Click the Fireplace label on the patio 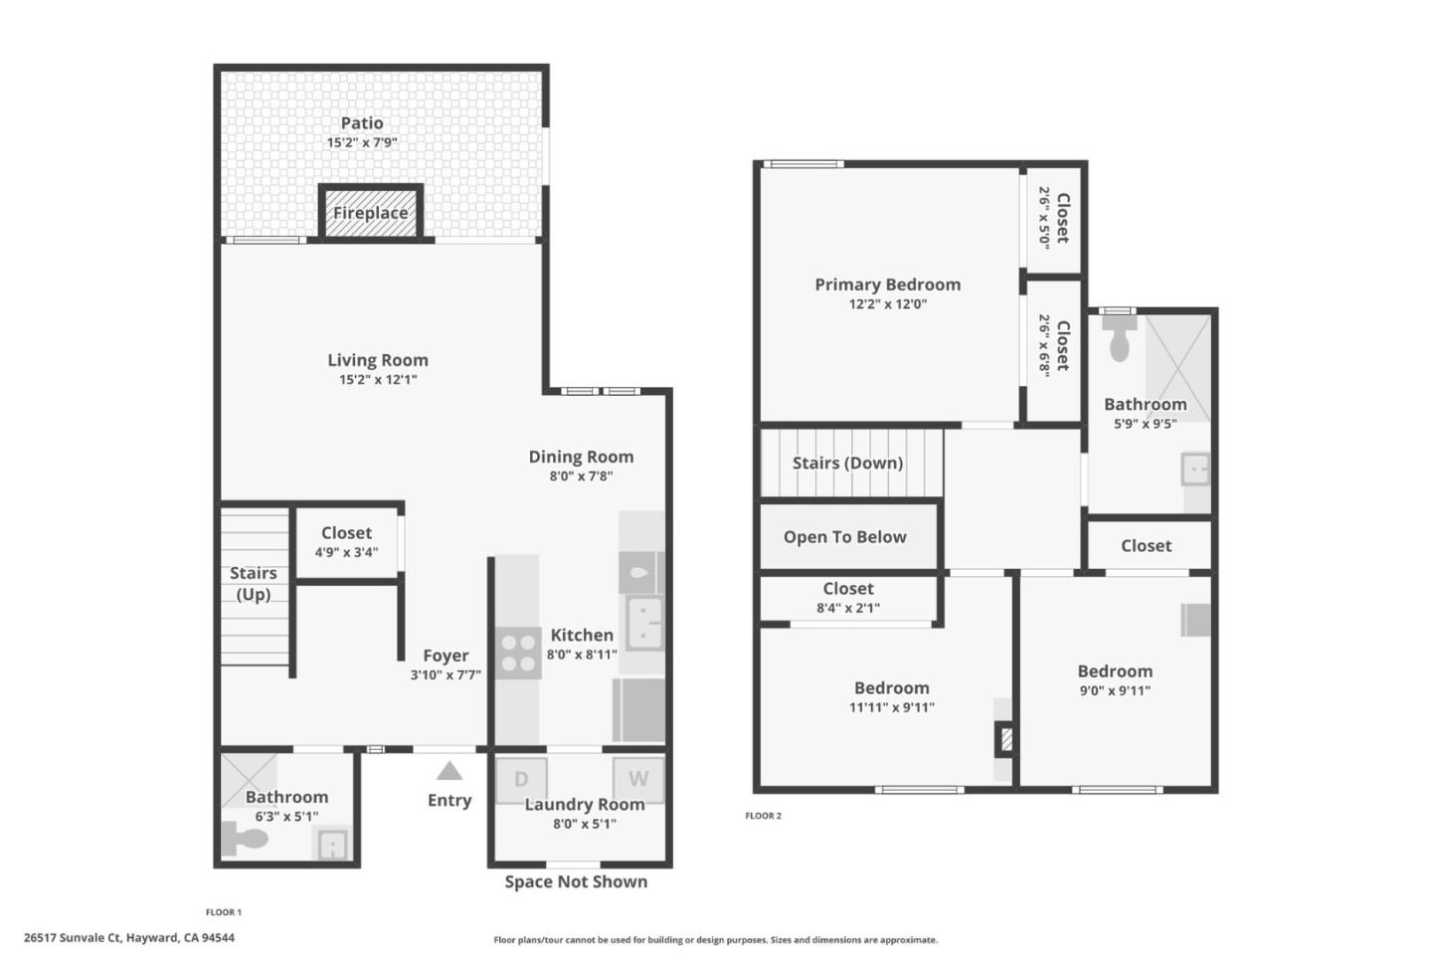pos(370,213)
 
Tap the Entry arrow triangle pos(449,771)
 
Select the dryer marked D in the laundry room pos(521,780)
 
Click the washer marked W pos(637,779)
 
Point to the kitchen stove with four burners pos(518,654)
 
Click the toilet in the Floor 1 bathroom pos(245,839)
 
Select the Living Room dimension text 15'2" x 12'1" pos(378,379)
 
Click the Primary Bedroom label pos(887,285)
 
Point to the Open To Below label pos(844,537)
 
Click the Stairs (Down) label pos(847,463)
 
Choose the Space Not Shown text pos(575,881)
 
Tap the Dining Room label pos(581,457)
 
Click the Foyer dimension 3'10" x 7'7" pos(446,674)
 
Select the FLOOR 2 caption pos(763,816)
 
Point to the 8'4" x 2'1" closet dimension pos(848,608)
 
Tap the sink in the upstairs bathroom pos(1195,470)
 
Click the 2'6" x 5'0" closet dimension pos(1044,218)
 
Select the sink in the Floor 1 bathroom pos(331,846)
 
